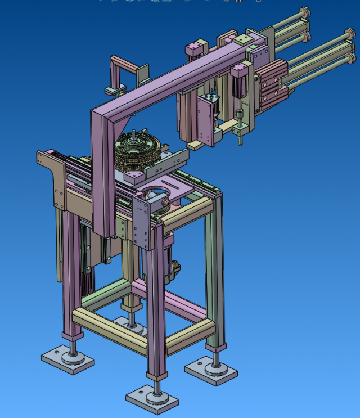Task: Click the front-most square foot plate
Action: point(152,400)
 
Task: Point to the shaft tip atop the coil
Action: point(133,133)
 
